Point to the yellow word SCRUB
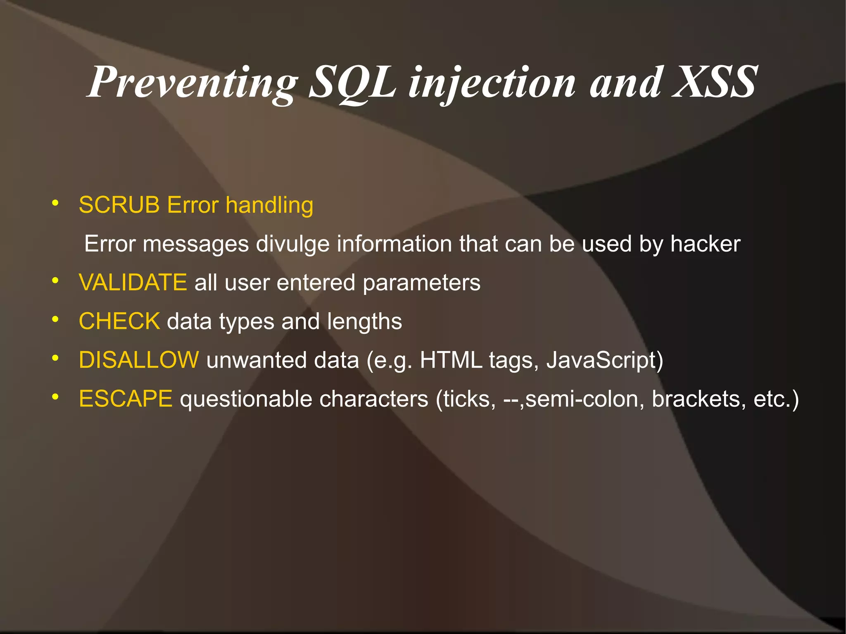119,205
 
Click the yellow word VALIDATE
133,283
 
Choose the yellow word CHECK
119,321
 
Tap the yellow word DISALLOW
139,360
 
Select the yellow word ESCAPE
125,399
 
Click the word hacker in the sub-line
705,244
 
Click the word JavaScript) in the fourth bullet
605,360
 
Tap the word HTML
451,360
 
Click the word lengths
364,321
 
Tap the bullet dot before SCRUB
55,203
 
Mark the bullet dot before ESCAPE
55,397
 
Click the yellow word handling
269,205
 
